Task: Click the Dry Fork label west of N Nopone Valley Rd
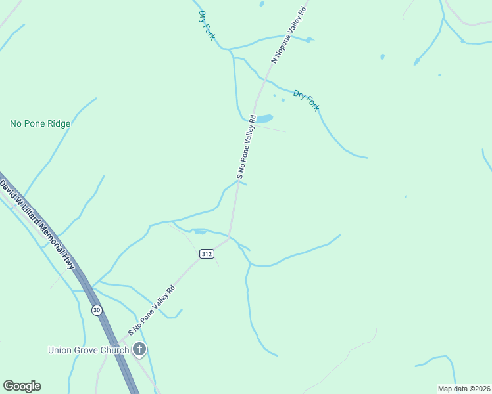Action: pos(206,24)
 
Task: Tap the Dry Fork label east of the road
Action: pos(306,100)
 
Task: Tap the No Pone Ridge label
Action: pos(40,123)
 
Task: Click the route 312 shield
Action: pos(207,253)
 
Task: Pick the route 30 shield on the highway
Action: pos(97,310)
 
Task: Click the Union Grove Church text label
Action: pos(88,350)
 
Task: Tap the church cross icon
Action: pos(139,349)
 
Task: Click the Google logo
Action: pos(22,385)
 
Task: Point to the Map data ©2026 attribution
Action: pos(464,389)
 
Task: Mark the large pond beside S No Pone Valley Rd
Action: pos(263,119)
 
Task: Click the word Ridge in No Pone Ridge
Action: pos(58,123)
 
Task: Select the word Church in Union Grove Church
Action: pos(114,350)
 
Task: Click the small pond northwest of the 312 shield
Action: pos(199,232)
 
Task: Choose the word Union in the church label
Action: pos(59,350)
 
